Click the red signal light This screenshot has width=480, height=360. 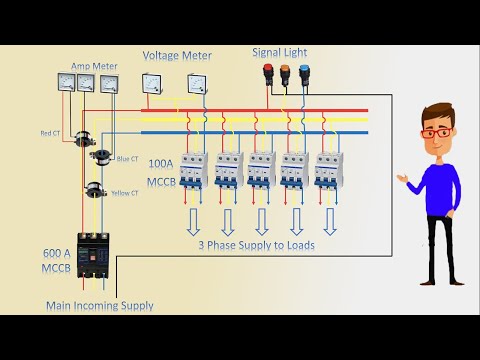(x=267, y=73)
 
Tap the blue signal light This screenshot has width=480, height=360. (x=301, y=73)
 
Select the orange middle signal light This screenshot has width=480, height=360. (x=284, y=73)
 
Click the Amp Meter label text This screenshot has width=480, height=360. (x=94, y=66)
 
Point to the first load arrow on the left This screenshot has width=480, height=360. (x=194, y=220)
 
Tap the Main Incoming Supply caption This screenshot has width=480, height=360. (x=99, y=306)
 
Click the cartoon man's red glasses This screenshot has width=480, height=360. (x=433, y=132)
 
